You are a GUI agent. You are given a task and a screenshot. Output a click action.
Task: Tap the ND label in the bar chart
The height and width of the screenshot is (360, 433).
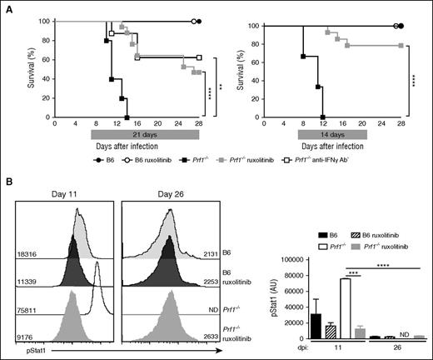pos(391,334)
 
